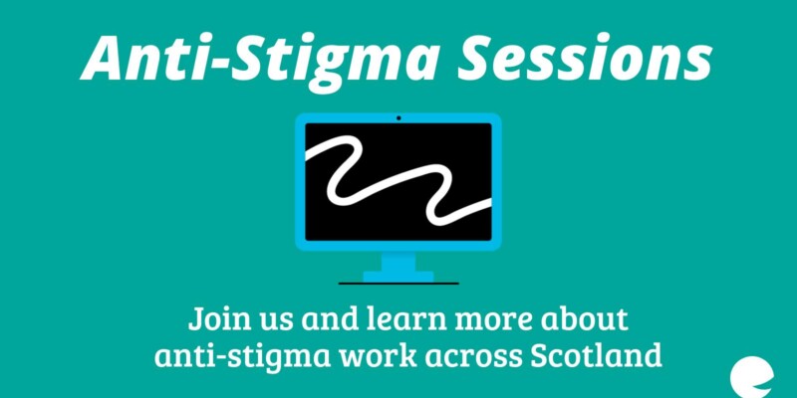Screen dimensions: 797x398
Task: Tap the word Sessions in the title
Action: pyautogui.click(x=585, y=57)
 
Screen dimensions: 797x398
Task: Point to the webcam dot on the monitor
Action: pyautogui.click(x=398, y=118)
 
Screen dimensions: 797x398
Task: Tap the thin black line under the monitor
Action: pyautogui.click(x=398, y=284)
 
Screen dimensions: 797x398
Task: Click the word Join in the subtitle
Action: pyautogui.click(x=211, y=319)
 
